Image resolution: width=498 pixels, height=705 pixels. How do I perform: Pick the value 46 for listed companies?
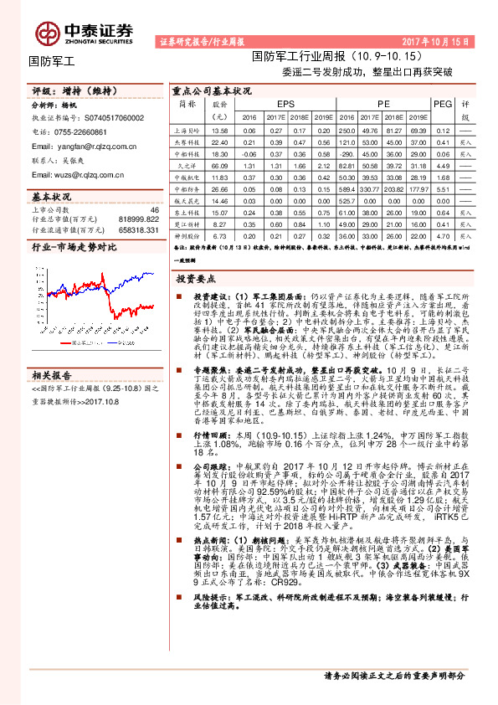pos(153,209)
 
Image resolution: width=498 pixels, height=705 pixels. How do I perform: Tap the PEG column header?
pos(442,103)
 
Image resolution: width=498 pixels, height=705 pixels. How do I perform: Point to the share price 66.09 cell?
pos(220,167)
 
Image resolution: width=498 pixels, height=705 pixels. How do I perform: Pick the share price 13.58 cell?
pos(220,131)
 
